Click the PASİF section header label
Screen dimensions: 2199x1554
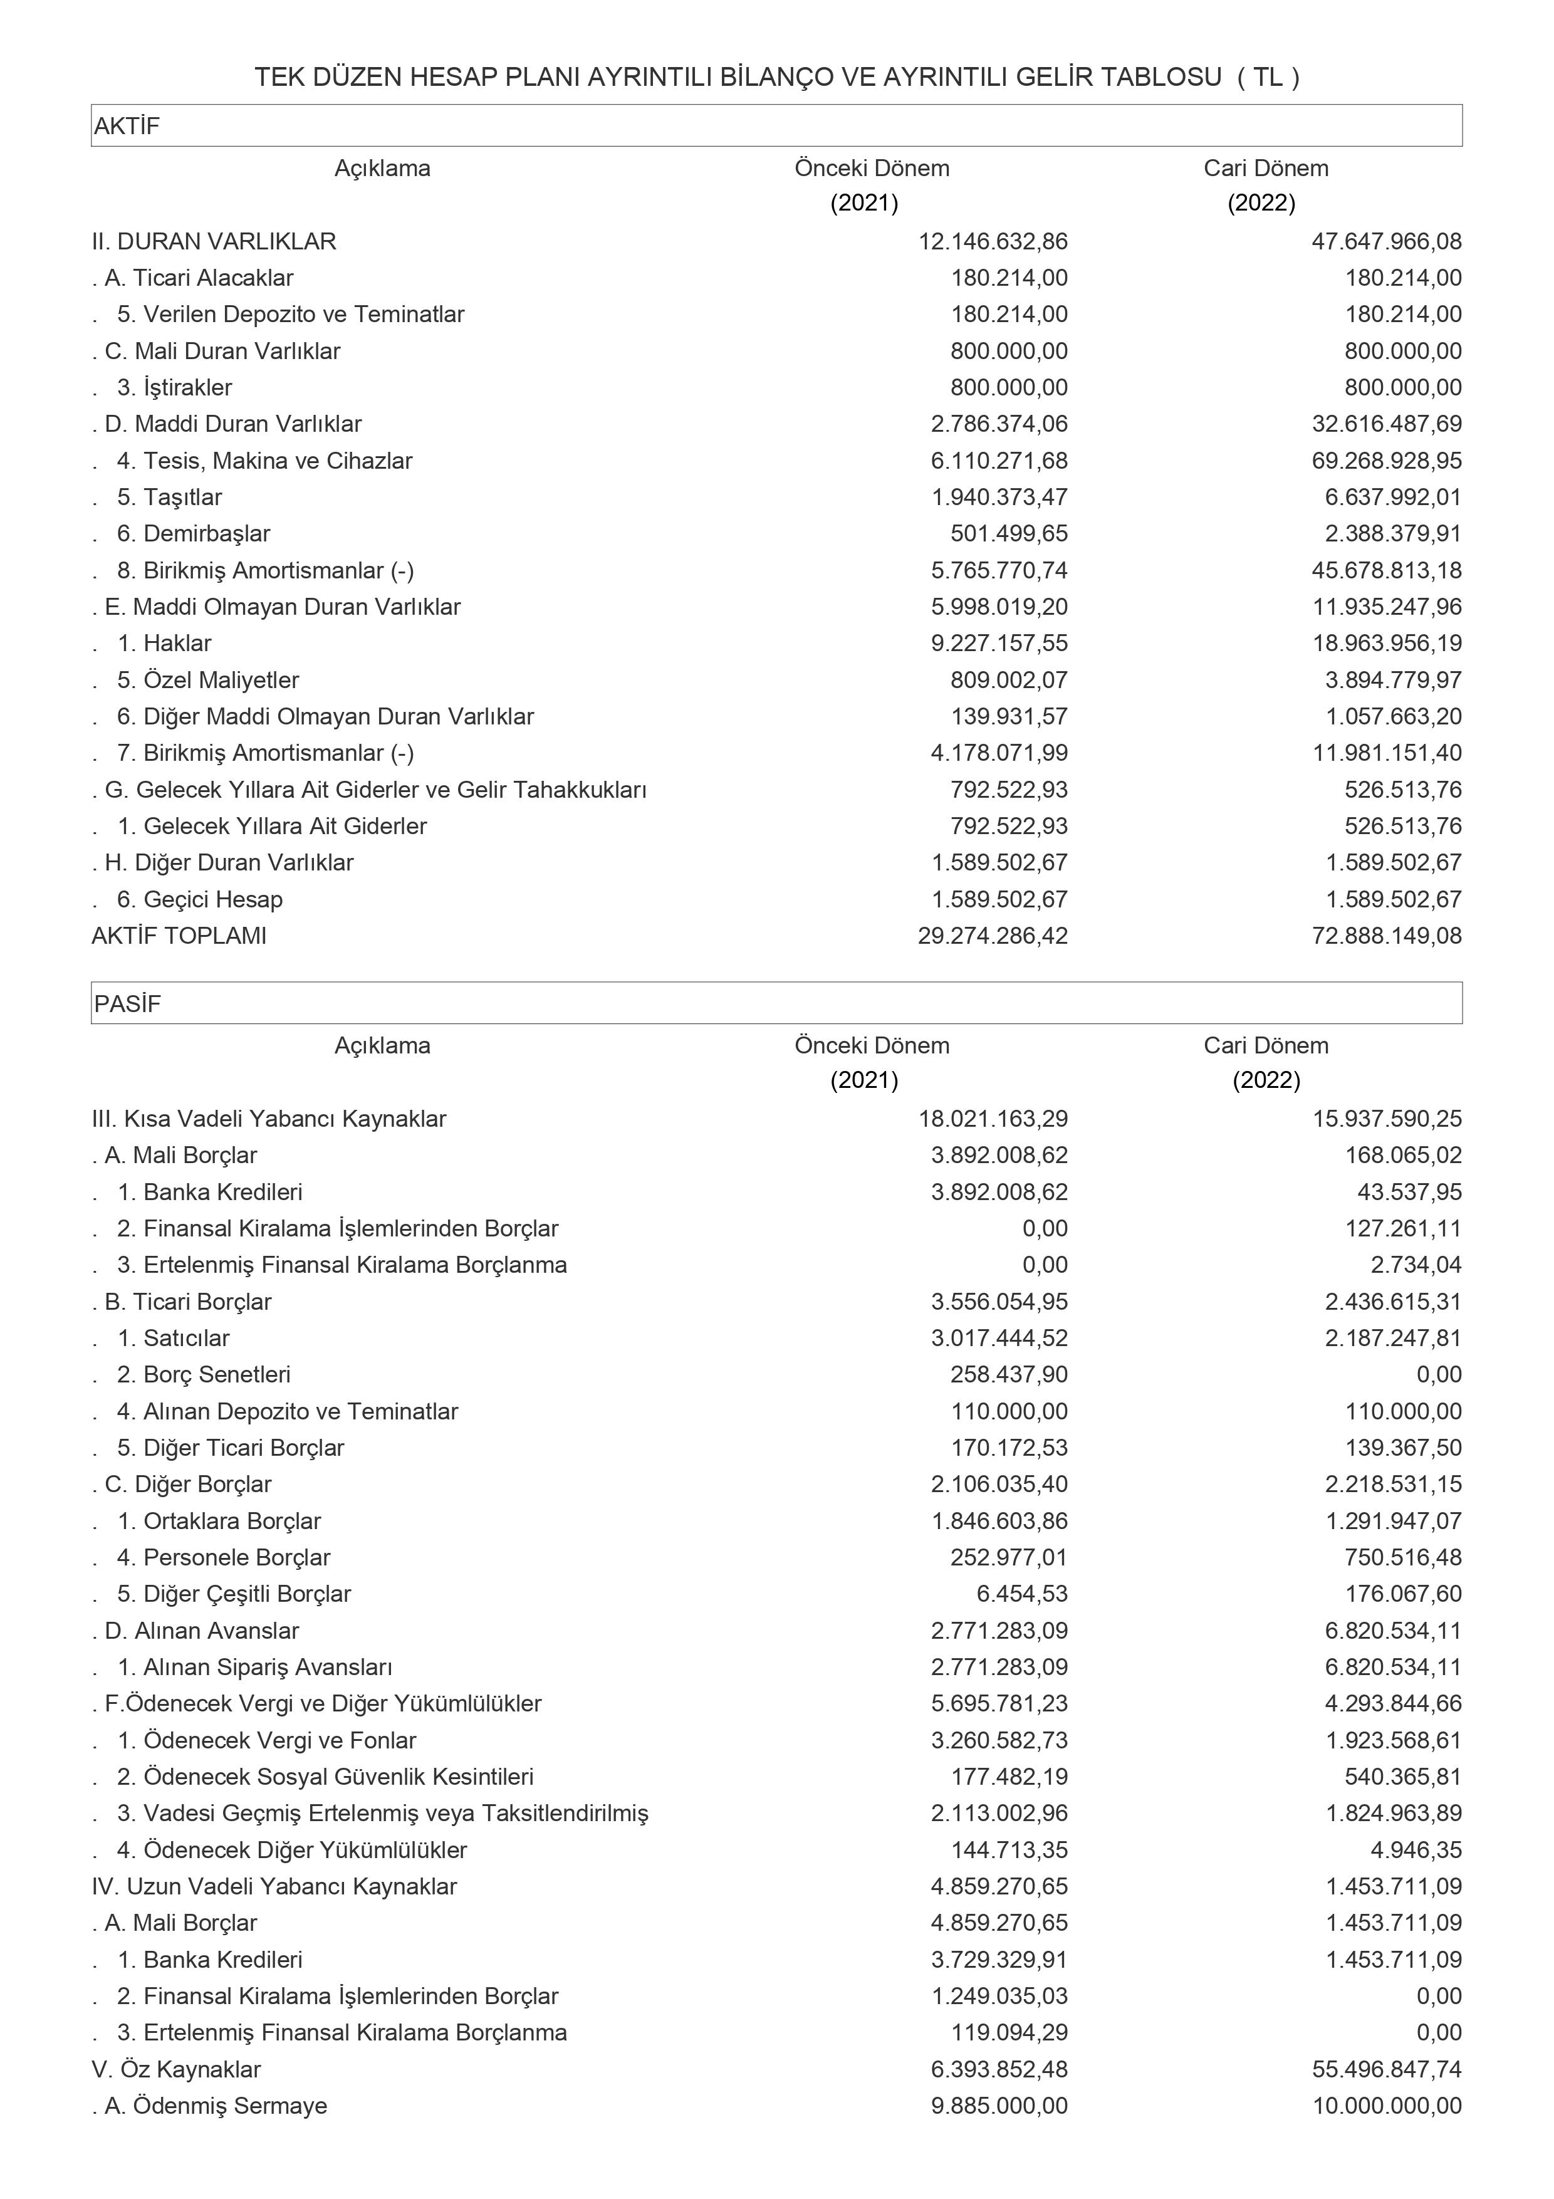tap(127, 1004)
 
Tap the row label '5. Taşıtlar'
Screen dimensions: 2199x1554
tap(169, 497)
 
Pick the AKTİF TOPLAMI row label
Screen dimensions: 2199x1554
tap(179, 936)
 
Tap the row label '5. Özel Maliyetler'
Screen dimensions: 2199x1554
tap(208, 680)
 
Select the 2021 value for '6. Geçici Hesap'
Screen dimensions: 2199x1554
tap(999, 899)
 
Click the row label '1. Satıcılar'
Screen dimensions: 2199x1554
tap(174, 1338)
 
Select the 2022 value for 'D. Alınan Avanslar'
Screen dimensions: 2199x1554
tap(1393, 1630)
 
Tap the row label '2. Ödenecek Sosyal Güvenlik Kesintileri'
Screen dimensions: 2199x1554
tap(325, 1777)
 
